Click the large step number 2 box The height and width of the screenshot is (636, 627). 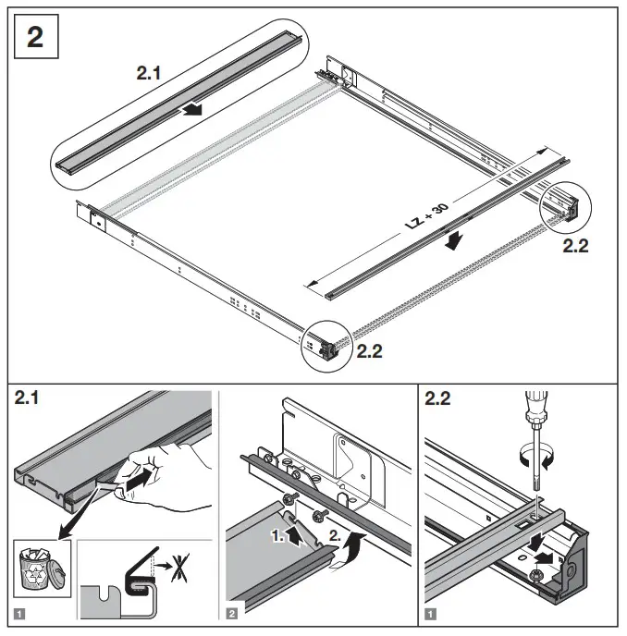[39, 40]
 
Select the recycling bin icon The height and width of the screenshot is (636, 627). [36, 567]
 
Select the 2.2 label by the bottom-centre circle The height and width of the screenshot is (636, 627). [369, 351]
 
